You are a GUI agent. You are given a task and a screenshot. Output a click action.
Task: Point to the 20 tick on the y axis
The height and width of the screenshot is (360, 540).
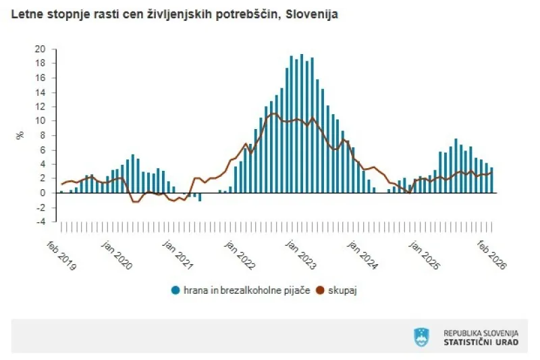[x=41, y=49]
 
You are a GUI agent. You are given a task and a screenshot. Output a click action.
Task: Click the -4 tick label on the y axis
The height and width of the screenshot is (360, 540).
[x=41, y=222]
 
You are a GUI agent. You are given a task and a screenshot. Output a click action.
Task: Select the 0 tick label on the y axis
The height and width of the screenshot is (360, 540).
[x=43, y=193]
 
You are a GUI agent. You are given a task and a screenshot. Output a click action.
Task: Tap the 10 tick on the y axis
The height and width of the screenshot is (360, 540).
[x=41, y=121]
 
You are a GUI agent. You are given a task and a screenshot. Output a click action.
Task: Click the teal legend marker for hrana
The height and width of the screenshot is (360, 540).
[x=175, y=290]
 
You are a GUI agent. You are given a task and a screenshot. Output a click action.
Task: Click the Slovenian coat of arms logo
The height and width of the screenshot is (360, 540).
[x=421, y=336]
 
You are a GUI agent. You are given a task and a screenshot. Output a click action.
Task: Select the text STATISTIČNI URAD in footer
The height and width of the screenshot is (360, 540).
[x=481, y=342]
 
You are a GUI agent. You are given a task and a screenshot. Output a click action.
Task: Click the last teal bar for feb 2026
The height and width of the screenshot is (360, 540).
[x=491, y=180]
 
